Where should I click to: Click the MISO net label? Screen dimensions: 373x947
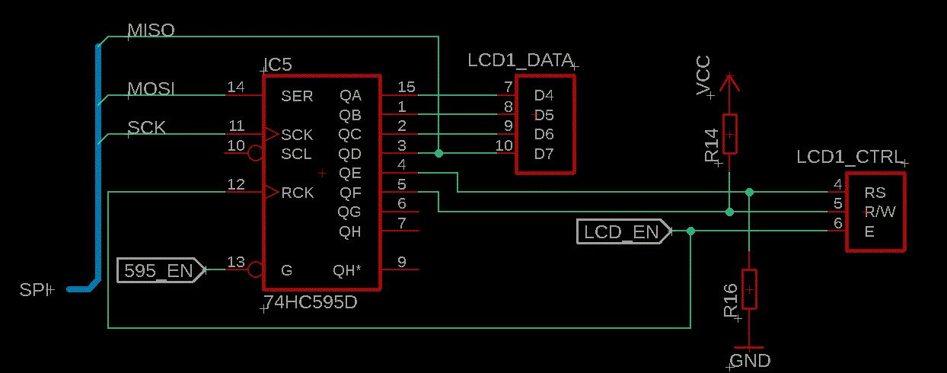click(x=151, y=30)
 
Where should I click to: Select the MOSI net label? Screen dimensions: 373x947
click(x=151, y=89)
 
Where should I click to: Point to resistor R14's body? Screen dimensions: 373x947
click(x=729, y=134)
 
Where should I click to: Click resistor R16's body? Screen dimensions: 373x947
click(x=749, y=289)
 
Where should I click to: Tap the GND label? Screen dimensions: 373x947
click(x=750, y=361)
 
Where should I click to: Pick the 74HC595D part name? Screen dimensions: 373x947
click(x=310, y=303)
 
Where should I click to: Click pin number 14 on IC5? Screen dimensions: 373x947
click(x=236, y=88)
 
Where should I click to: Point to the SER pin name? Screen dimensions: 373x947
click(x=297, y=97)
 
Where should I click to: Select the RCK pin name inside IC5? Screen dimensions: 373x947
click(x=297, y=193)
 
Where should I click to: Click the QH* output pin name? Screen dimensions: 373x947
click(x=349, y=270)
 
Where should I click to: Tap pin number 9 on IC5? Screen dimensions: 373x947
click(x=401, y=262)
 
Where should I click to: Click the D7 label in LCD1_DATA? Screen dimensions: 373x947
click(x=544, y=155)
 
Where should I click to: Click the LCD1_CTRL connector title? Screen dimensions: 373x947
click(x=849, y=158)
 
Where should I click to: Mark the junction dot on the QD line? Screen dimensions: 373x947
click(x=438, y=153)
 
